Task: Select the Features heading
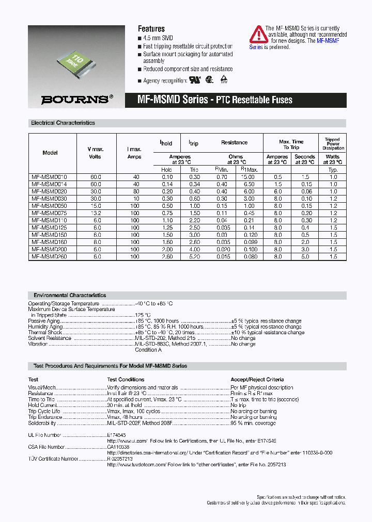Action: click(x=151, y=29)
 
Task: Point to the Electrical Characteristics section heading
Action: click(x=63, y=123)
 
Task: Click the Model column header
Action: click(x=50, y=153)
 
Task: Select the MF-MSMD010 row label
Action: click(x=46, y=177)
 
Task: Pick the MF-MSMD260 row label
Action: click(x=46, y=256)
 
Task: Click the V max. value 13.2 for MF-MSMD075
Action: click(x=95, y=213)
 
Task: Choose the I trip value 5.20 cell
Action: click(x=194, y=256)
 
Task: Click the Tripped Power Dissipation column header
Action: click(x=333, y=144)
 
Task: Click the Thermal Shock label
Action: click(x=45, y=333)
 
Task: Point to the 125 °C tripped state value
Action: click(x=143, y=315)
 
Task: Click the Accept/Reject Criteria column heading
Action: click(x=257, y=379)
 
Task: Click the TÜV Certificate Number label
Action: click(x=53, y=459)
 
